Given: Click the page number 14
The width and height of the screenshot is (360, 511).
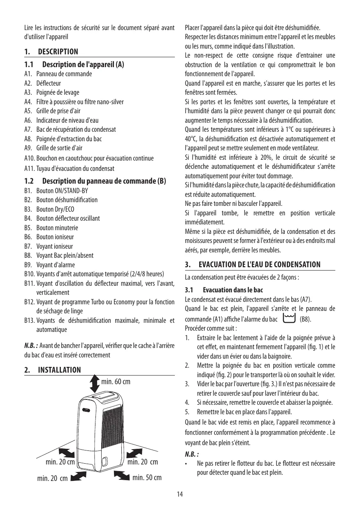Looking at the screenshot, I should pyautogui.click(x=180, y=495).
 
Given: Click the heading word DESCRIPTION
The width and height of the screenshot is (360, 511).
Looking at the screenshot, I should pyautogui.click(x=58, y=52).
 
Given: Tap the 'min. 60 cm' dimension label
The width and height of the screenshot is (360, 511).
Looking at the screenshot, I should pyautogui.click(x=116, y=382).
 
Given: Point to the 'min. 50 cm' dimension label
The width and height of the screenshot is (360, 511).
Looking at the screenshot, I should pyautogui.click(x=147, y=478).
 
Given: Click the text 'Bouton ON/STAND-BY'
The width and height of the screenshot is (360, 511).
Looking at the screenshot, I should pyautogui.click(x=62, y=191).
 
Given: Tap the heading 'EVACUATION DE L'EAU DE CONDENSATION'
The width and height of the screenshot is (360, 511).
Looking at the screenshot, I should pyautogui.click(x=259, y=264).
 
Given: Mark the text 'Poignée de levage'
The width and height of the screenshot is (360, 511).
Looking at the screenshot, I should pyautogui.click(x=58, y=92).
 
